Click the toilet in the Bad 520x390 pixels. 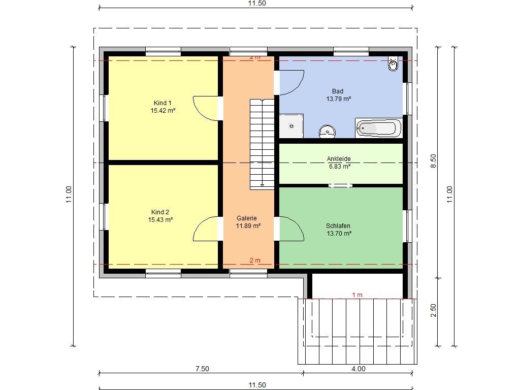click(x=393, y=63)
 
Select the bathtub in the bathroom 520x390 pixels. click(x=379, y=128)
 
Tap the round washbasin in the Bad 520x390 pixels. click(x=328, y=132)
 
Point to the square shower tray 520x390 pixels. click(x=291, y=126)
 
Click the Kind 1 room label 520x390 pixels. click(x=162, y=103)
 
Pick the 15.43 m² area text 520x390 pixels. click(x=160, y=220)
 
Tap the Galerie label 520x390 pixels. click(x=247, y=218)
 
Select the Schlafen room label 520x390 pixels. click(x=338, y=226)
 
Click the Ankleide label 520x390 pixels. click(x=339, y=159)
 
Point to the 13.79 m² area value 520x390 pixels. click(x=339, y=99)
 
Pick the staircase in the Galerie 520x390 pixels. click(x=262, y=144)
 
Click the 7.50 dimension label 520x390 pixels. click(x=202, y=369)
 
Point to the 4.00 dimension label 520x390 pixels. click(x=359, y=369)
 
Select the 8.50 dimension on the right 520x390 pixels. click(x=434, y=161)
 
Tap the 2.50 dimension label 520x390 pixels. click(x=434, y=310)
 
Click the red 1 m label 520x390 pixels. click(x=357, y=295)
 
